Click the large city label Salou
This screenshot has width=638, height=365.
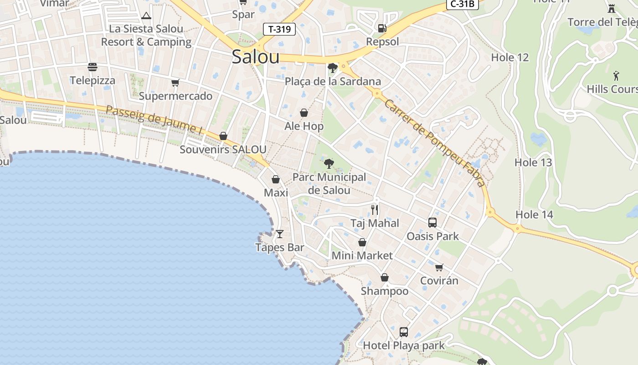tap(255, 57)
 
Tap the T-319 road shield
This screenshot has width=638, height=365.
tap(279, 30)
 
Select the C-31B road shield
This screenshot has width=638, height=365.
tap(462, 4)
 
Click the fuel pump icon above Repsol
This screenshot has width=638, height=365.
tap(382, 28)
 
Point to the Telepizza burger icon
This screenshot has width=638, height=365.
tap(93, 68)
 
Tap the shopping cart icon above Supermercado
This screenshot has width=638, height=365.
tap(175, 83)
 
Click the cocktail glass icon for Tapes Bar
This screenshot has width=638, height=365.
tap(280, 234)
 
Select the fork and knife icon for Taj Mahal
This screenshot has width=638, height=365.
tap(375, 210)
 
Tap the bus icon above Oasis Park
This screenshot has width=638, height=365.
tap(432, 223)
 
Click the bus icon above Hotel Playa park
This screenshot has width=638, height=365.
tap(404, 332)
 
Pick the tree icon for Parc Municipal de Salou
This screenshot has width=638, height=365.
tap(329, 163)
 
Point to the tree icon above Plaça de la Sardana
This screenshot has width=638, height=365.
tap(333, 68)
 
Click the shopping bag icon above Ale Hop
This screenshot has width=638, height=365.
tap(304, 113)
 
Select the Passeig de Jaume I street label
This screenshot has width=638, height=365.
tap(154, 120)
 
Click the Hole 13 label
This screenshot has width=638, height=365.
tap(533, 162)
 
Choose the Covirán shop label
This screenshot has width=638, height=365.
tap(439, 281)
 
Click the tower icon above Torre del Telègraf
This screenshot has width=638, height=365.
tap(612, 8)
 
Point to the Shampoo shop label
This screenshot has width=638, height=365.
tap(385, 291)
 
